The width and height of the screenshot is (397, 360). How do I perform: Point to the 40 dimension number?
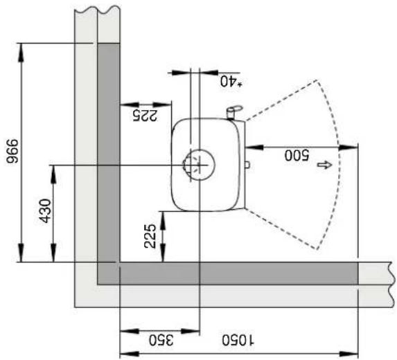(227, 80)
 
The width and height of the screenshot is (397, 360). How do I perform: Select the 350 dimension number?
(160, 340)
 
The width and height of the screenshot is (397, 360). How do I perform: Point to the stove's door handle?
(234, 109)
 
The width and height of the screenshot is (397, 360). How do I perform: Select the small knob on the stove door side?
(247, 165)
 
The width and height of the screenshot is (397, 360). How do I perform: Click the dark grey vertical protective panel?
(108, 152)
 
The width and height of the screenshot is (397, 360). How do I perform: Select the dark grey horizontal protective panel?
(236, 273)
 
